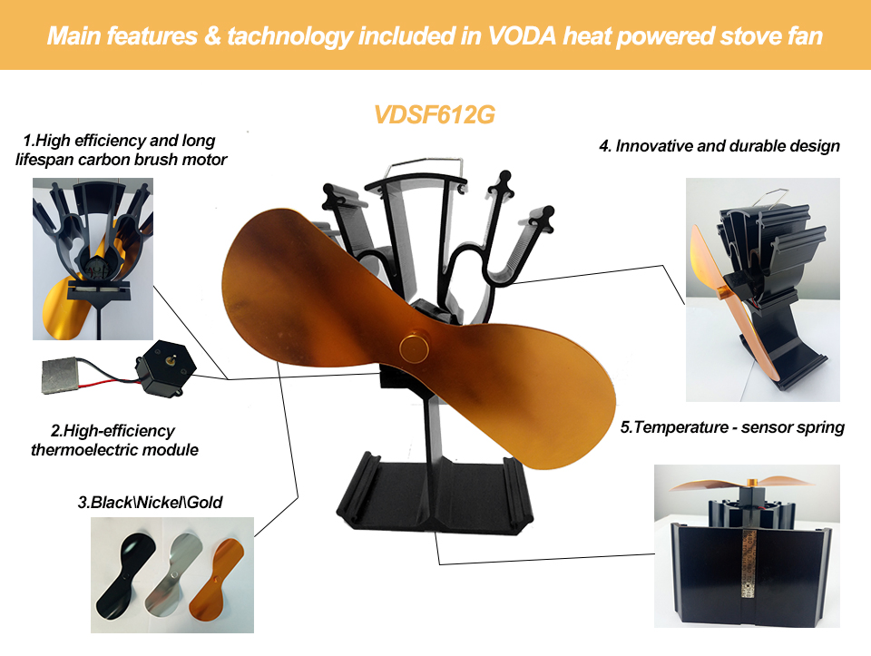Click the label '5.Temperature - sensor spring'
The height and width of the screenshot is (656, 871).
point(732,427)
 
